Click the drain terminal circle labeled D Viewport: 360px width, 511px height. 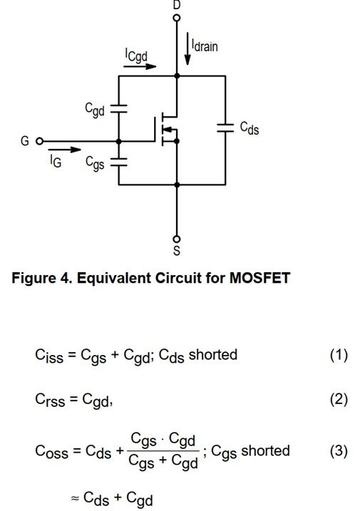click(176, 18)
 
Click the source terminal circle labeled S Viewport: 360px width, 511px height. click(176, 239)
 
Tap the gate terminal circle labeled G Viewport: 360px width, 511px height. click(39, 141)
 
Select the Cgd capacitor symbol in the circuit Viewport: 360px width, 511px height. click(119, 109)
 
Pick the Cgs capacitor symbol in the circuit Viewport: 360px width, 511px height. click(119, 162)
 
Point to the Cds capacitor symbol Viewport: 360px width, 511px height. click(225, 128)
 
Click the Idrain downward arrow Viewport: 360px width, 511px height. click(187, 48)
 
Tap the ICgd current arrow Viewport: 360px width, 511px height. click(140, 66)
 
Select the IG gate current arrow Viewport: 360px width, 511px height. click(65, 150)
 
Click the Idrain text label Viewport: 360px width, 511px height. click(205, 45)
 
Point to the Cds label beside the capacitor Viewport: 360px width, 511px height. click(250, 128)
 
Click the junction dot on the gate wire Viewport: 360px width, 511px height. click(119, 141)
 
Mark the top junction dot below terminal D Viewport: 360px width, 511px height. click(177, 76)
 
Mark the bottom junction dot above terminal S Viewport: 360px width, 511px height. click(177, 185)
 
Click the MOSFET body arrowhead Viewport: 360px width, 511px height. click(167, 130)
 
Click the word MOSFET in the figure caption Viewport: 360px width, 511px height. click(259, 278)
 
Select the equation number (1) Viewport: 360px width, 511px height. click(339, 355)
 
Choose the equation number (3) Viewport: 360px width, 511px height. click(339, 451)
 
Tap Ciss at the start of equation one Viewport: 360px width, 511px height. click(49, 356)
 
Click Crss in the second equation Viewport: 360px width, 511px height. click(50, 400)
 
